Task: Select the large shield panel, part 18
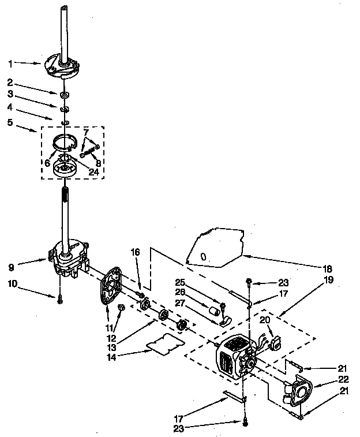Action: coord(216,247)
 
